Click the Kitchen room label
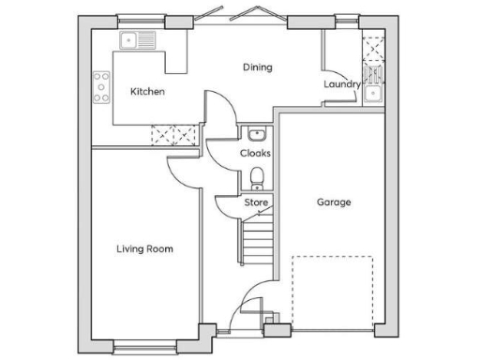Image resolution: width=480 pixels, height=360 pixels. pyautogui.click(x=147, y=92)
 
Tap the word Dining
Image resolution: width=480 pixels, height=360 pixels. pyautogui.click(x=257, y=67)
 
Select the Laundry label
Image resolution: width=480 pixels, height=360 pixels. pyautogui.click(x=342, y=84)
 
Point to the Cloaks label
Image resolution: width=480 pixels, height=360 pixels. pyautogui.click(x=255, y=153)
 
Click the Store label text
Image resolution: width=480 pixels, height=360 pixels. pyautogui.click(x=256, y=202)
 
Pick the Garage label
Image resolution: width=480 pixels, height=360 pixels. pyautogui.click(x=334, y=202)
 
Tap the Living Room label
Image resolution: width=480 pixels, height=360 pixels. pyautogui.click(x=144, y=248)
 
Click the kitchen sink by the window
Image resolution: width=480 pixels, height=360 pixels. pyautogui.click(x=138, y=40)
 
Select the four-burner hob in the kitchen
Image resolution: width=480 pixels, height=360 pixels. pyautogui.click(x=98, y=87)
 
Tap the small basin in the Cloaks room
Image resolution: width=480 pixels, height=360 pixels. pyautogui.click(x=256, y=132)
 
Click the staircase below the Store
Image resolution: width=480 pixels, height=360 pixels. pyautogui.click(x=255, y=242)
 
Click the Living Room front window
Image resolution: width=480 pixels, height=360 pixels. pyautogui.click(x=143, y=351)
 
